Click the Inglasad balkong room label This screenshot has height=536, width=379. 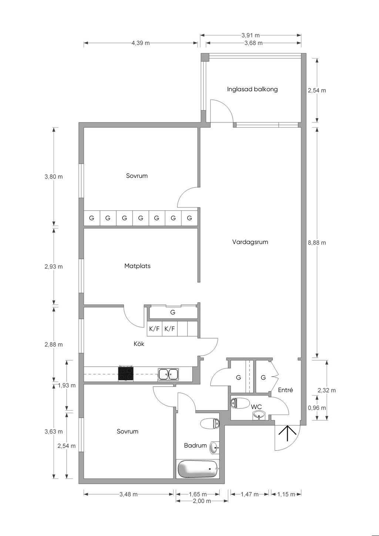[252, 89]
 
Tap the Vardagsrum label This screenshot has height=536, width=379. [250, 242]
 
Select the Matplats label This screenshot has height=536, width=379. [137, 266]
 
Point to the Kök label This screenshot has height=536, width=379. [139, 344]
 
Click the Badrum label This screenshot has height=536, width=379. [195, 445]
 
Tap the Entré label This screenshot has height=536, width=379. [285, 390]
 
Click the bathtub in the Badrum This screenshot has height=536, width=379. [198, 469]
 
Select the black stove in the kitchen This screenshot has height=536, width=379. [126, 374]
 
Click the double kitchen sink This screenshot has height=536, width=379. [168, 374]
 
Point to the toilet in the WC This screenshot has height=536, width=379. [240, 403]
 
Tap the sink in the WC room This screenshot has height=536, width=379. [259, 416]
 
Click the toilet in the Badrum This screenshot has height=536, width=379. [210, 423]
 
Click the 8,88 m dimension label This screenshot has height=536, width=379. [317, 243]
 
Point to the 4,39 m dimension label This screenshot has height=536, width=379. [141, 43]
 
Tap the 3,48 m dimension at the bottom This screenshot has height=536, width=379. [128, 494]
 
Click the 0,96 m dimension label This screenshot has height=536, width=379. [317, 408]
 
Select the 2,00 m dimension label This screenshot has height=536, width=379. [202, 501]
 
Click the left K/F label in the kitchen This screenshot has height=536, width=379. [154, 328]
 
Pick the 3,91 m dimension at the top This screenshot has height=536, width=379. [251, 36]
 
